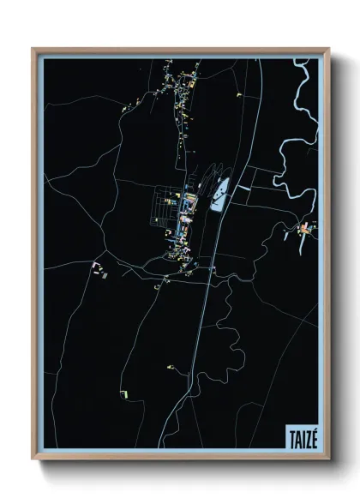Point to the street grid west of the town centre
[163, 210]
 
